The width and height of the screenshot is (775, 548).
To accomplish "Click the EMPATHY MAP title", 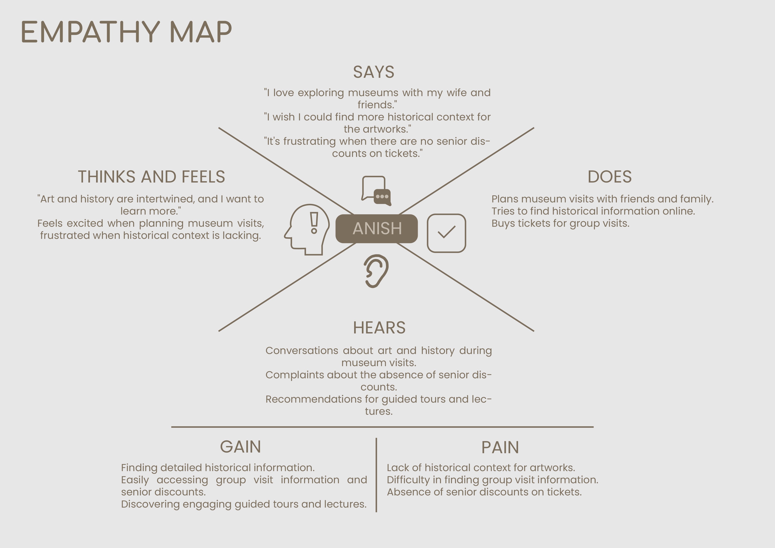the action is pyautogui.click(x=126, y=32).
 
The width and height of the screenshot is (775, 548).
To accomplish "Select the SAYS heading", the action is pyautogui.click(x=374, y=72).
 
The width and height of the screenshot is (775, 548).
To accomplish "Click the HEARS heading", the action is pyautogui.click(x=379, y=327).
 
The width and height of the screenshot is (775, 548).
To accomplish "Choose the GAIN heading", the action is pyautogui.click(x=240, y=447).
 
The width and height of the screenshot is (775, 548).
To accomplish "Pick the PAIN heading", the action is pyautogui.click(x=500, y=447).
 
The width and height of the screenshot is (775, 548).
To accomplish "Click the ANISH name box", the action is pyautogui.click(x=377, y=228).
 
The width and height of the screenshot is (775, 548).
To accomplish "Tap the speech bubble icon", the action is pyautogui.click(x=376, y=190).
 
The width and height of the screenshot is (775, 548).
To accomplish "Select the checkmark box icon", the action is pyautogui.click(x=446, y=233).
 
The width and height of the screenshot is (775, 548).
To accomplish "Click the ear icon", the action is pyautogui.click(x=376, y=271).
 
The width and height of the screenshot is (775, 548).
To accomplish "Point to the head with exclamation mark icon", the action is pyautogui.click(x=307, y=229).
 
